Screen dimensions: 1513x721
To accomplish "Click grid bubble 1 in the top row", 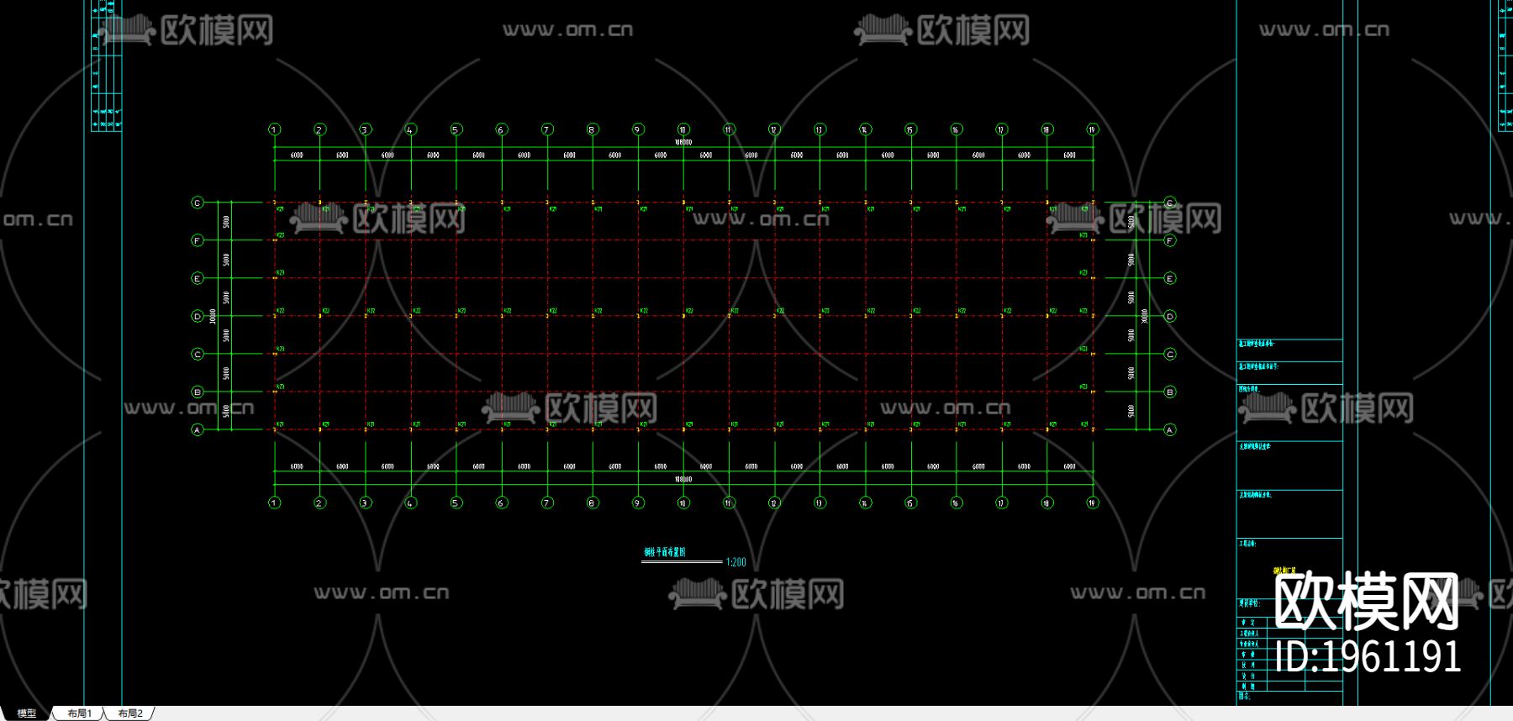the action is point(274,129).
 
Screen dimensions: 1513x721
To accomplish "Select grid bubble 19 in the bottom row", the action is point(1092,503).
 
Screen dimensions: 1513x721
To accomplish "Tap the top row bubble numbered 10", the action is point(683,129).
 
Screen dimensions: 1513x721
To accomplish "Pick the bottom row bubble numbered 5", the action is point(456,503).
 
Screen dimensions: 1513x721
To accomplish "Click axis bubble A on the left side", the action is point(198,430).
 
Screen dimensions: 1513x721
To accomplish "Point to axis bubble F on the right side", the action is point(1169,241).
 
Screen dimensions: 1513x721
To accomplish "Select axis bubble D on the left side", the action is point(198,317).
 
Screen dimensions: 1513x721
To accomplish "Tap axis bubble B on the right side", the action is point(1169,392).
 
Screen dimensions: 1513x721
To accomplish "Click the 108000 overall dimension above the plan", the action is point(683,143).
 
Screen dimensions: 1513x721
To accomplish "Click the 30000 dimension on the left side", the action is point(214,316).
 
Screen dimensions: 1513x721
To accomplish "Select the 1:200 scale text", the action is point(735,562).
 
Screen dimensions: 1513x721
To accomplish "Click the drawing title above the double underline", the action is point(664,552).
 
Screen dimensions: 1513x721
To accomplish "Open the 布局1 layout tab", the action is point(80,713).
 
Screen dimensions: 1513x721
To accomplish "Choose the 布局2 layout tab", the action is point(130,713).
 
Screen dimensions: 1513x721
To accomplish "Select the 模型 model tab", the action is point(27,713).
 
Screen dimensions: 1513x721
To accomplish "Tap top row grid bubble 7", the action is point(546,129).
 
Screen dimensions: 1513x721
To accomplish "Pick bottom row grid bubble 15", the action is point(910,503).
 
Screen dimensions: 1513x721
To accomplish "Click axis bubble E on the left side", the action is point(198,279).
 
